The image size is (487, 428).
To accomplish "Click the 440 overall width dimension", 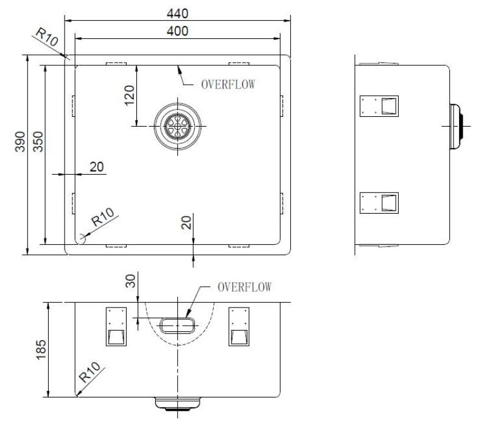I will click(x=178, y=13).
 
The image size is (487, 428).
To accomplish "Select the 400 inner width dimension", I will click(x=178, y=30).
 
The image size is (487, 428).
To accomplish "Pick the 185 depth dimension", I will click(x=40, y=349).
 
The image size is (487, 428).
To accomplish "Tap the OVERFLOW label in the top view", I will click(x=227, y=85).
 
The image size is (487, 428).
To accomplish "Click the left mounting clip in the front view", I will click(x=116, y=326).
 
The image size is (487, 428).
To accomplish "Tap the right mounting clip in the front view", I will click(x=238, y=326).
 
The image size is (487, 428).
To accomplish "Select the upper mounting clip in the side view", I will click(x=379, y=106).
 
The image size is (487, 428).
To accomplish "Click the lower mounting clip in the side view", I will click(x=379, y=203).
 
